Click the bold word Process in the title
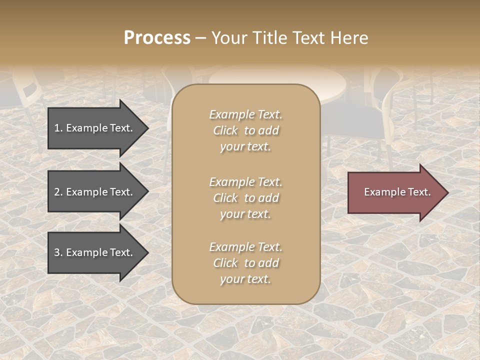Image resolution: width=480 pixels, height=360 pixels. pyautogui.click(x=157, y=38)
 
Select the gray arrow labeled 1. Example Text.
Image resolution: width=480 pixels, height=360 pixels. pyautogui.click(x=95, y=128)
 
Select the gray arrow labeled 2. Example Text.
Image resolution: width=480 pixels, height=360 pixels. pyautogui.click(x=95, y=192)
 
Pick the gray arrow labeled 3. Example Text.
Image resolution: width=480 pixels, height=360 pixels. pyautogui.click(x=95, y=252)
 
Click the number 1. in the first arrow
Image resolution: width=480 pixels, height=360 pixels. pyautogui.click(x=58, y=128)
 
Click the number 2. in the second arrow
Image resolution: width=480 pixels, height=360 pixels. pyautogui.click(x=58, y=192)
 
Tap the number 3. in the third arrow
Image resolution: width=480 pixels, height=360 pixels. pyautogui.click(x=58, y=252)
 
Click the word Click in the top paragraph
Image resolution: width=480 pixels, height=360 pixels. pyautogui.click(x=225, y=131)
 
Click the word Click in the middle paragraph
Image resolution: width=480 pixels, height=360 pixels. pyautogui.click(x=225, y=198)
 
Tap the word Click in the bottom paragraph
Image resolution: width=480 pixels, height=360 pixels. pyautogui.click(x=225, y=263)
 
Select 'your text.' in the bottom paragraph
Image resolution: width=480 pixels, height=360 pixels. pyautogui.click(x=245, y=279)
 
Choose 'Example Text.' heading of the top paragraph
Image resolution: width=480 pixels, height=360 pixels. pyautogui.click(x=245, y=114)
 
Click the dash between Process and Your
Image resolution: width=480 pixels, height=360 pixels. pyautogui.click(x=200, y=38)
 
